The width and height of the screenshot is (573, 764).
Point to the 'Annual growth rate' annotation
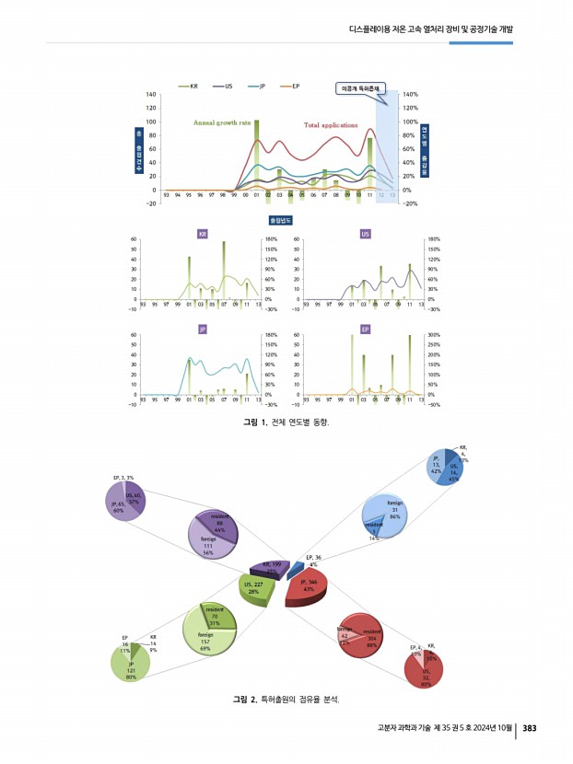click(x=221, y=122)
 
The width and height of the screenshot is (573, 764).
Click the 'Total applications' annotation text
click(x=336, y=123)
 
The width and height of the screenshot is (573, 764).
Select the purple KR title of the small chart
click(x=203, y=235)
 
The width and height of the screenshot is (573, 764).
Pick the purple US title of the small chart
click(x=366, y=235)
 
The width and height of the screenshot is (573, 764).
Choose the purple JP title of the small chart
click(x=203, y=329)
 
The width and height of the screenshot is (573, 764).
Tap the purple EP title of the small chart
click(x=366, y=329)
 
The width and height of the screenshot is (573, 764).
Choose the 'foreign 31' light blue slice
click(x=394, y=513)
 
